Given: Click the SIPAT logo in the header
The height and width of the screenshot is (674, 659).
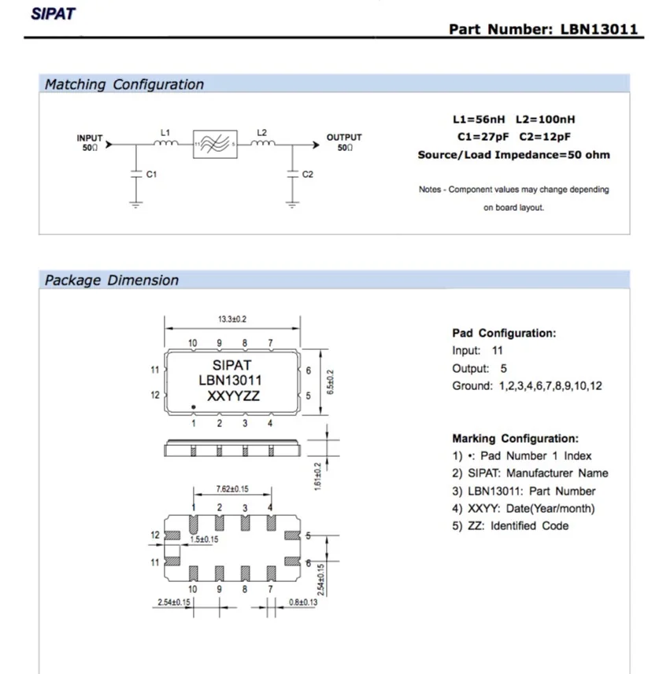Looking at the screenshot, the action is (x=53, y=13).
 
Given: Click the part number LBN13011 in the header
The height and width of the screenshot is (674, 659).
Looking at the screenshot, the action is (x=598, y=29).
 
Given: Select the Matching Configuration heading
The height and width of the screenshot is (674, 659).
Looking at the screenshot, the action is (x=124, y=84).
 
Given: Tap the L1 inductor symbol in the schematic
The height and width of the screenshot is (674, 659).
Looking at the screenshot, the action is (x=165, y=143).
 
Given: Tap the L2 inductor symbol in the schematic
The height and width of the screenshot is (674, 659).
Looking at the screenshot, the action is (x=263, y=143).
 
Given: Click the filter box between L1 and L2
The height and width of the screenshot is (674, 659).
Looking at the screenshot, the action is (x=215, y=144).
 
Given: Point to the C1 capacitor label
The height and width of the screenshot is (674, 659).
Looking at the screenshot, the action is (x=151, y=174).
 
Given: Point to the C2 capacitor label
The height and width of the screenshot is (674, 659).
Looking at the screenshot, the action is (x=308, y=174).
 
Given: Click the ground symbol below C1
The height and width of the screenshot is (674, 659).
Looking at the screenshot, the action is (x=136, y=204).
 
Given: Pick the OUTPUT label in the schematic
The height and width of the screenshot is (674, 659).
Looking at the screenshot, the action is (x=344, y=138).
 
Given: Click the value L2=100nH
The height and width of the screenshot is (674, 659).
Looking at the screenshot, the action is (x=545, y=119).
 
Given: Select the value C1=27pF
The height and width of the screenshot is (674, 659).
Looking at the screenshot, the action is (x=483, y=137).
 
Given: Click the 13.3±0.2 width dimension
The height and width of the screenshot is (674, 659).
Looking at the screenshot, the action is (x=232, y=319).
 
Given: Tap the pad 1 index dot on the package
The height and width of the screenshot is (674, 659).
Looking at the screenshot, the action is (x=194, y=407).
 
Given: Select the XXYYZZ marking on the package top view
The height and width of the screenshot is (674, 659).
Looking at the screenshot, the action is (x=233, y=396).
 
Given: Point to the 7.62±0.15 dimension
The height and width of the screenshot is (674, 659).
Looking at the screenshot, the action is (x=232, y=488).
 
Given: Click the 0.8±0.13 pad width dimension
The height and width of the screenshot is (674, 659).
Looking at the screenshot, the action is (x=303, y=602).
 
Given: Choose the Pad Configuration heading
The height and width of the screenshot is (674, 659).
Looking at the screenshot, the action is (x=504, y=333).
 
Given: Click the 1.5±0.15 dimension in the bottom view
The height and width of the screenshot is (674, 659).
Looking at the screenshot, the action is (x=204, y=539).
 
